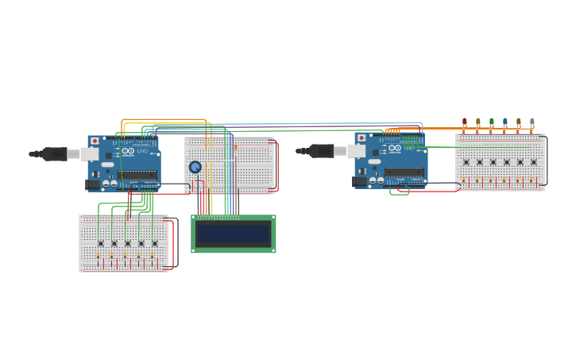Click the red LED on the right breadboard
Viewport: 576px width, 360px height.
[464, 122]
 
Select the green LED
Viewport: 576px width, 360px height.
[491, 122]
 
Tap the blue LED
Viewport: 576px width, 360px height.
[504, 122]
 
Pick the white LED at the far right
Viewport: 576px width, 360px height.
[532, 122]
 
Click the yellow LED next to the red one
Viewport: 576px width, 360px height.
[477, 122]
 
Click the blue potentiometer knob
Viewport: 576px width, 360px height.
[195, 167]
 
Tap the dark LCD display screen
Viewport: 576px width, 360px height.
[234, 234]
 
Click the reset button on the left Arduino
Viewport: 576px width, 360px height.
[95, 141]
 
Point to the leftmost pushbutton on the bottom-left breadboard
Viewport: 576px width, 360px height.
[100, 243]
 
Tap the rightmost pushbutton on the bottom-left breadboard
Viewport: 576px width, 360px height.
[154, 243]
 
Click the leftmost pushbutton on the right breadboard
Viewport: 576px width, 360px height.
[466, 162]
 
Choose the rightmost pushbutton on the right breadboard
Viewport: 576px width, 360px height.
[534, 162]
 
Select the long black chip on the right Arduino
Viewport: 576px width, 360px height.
[404, 172]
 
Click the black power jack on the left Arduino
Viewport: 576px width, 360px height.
[93, 184]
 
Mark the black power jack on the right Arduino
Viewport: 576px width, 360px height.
[360, 181]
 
